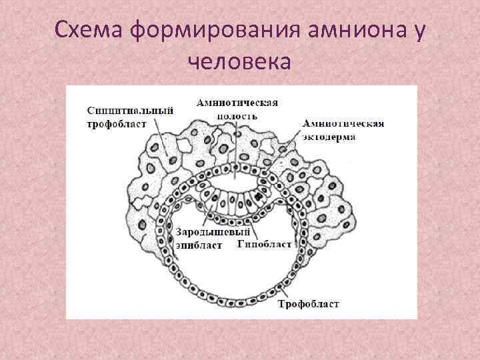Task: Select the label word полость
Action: pos(237,115)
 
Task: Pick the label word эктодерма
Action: pos(328,136)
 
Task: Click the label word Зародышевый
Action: pos(212,232)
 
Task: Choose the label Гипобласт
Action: pos(265,244)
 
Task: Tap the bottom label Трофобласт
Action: pos(308,304)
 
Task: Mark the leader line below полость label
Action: pos(235,150)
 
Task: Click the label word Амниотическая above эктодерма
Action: pos(343,124)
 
